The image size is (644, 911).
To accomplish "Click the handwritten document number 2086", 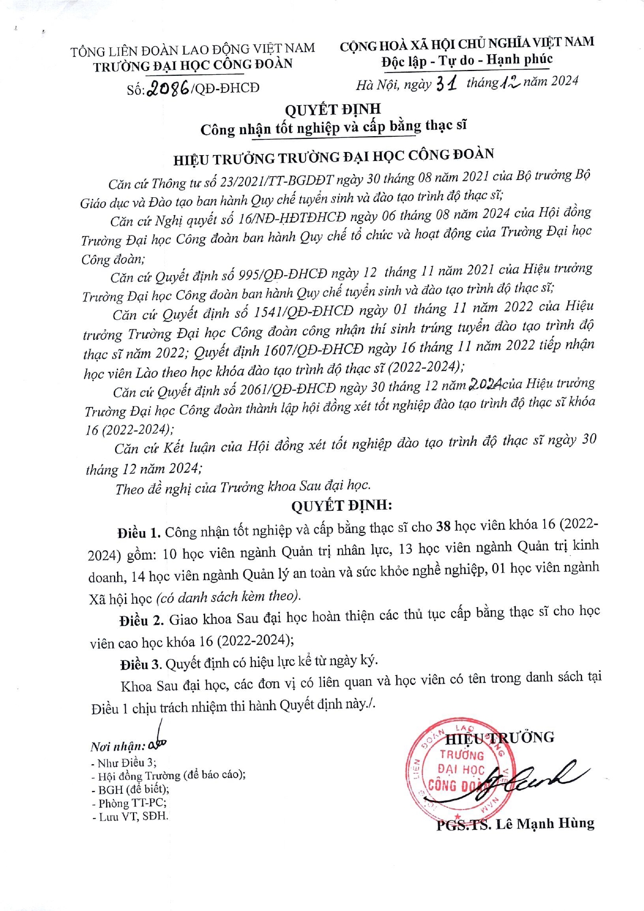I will [168, 88].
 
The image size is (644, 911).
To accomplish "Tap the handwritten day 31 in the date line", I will [449, 83].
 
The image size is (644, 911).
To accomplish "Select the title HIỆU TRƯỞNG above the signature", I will [499, 738].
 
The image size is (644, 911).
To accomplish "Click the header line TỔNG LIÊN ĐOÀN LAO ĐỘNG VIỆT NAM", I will [193, 50].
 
